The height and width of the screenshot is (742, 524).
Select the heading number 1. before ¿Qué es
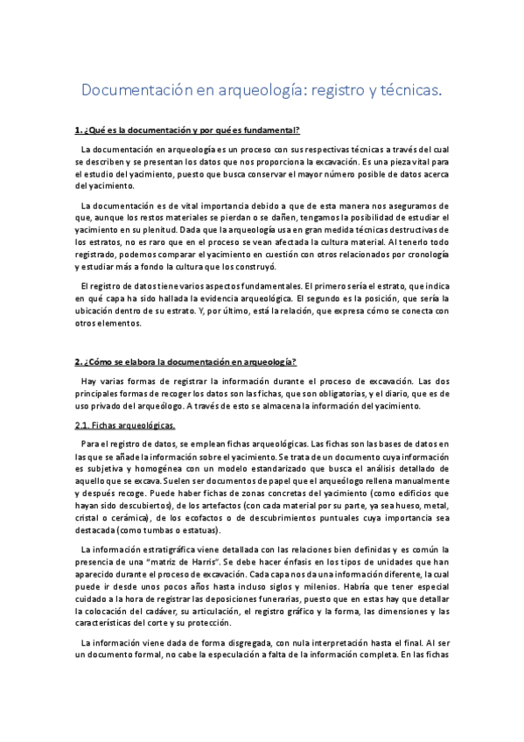[79, 130]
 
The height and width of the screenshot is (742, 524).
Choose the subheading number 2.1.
[85, 426]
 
